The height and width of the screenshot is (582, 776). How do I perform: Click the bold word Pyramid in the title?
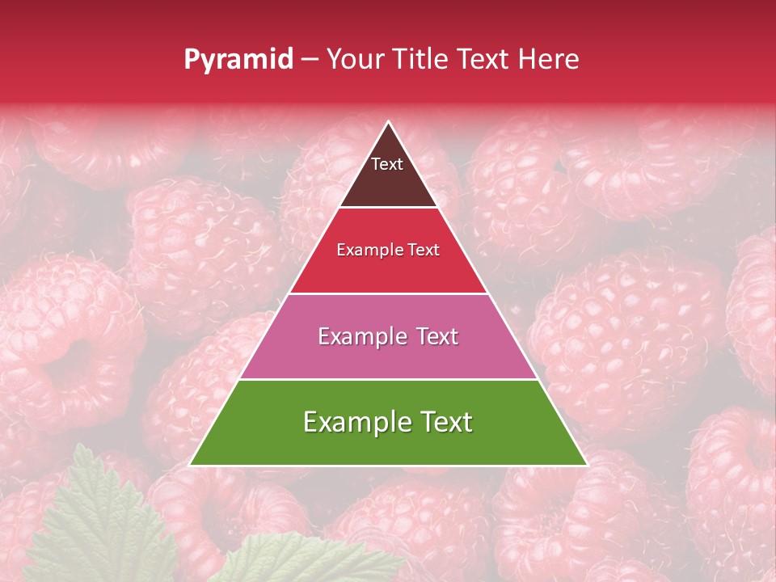click(x=238, y=60)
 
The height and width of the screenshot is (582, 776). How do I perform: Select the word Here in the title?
click(x=549, y=59)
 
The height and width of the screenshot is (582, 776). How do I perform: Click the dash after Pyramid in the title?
click(x=309, y=60)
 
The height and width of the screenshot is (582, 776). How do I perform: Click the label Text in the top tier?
click(x=387, y=164)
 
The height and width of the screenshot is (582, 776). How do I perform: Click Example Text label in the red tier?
click(x=388, y=250)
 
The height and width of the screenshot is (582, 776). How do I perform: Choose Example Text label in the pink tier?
click(x=388, y=336)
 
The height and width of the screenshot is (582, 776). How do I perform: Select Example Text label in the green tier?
click(x=388, y=422)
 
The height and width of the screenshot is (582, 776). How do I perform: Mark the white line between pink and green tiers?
click(x=388, y=379)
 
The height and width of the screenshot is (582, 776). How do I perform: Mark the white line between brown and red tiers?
click(x=388, y=208)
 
